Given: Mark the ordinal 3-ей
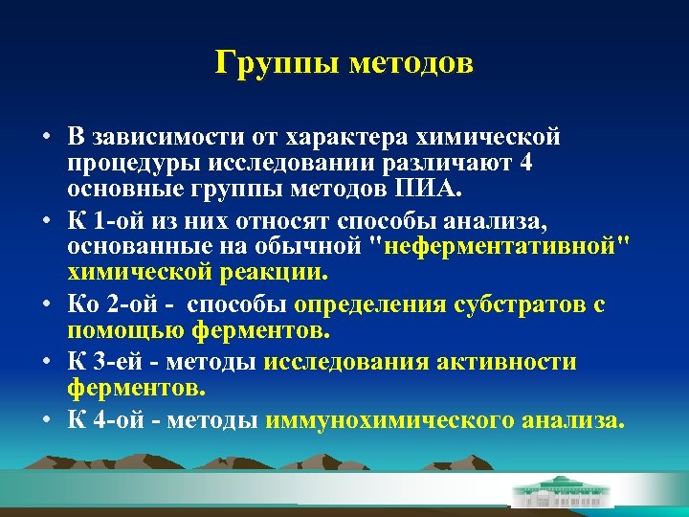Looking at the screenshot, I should coord(117,363).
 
